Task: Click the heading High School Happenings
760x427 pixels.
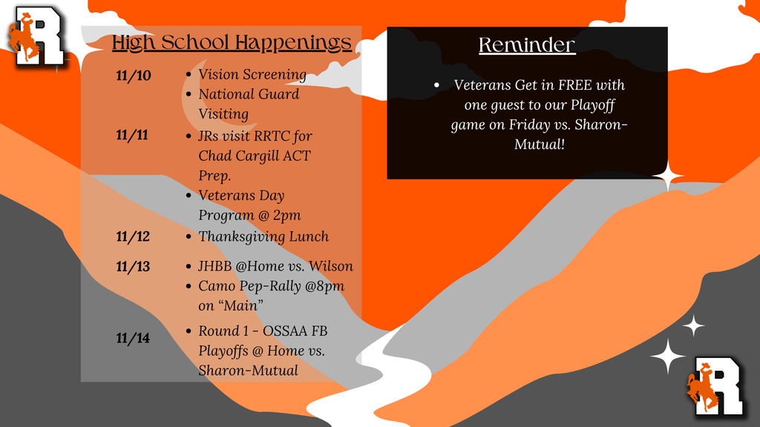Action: (232, 42)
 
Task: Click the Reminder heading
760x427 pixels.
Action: (527, 45)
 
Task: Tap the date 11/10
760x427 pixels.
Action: (133, 76)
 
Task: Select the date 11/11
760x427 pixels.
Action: (132, 135)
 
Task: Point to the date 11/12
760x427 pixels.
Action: (133, 236)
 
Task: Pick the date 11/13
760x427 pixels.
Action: (133, 267)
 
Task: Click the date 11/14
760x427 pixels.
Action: (133, 338)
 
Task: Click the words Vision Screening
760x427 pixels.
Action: (252, 75)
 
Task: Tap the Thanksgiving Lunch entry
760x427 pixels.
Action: (263, 236)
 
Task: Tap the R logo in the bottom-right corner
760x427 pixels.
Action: (715, 385)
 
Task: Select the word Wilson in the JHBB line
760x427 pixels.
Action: (331, 266)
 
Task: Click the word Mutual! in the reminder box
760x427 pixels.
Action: (540, 144)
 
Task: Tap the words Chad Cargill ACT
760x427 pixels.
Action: (255, 156)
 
